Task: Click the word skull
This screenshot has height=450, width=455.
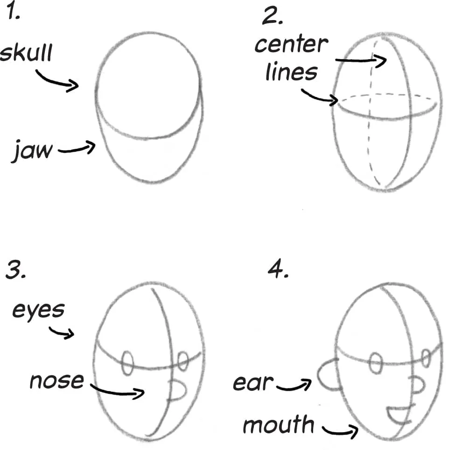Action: point(26,53)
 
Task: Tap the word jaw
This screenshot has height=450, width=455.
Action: point(32,150)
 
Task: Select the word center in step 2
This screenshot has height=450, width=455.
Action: point(291,45)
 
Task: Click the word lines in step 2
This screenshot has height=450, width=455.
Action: point(291,72)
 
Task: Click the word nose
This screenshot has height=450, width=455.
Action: point(56,381)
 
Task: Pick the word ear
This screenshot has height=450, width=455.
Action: point(253,383)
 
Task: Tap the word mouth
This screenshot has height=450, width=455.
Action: point(279,425)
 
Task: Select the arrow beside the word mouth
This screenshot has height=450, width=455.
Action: point(341,429)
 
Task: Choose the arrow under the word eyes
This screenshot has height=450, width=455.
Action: point(62,332)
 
